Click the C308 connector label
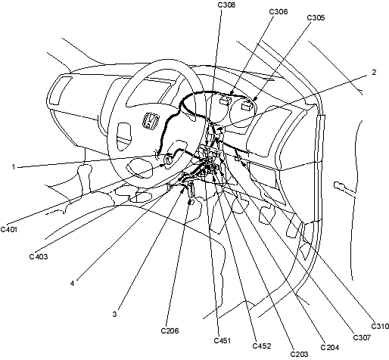point(226,5)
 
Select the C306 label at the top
point(279,11)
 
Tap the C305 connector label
point(316,17)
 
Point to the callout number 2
point(374,72)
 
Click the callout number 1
point(14,167)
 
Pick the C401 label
point(9,229)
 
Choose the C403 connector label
point(39,256)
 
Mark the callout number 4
point(72,284)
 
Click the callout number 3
point(114,315)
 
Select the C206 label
point(170,331)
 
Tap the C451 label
point(223,340)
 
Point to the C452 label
point(262,346)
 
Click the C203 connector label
point(299,354)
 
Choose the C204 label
point(329,347)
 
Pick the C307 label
point(362,337)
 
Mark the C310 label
point(380,326)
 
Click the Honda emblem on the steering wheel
point(151,121)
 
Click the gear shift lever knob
point(84,169)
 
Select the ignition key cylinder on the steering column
point(168,160)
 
